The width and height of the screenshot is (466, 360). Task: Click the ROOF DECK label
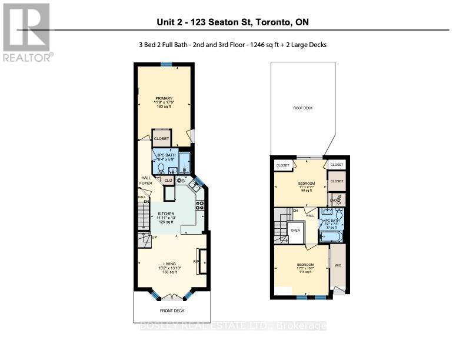pyautogui.click(x=303, y=108)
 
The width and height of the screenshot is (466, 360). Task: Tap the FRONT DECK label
pyautogui.click(x=171, y=310)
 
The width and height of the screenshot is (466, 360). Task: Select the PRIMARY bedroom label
pyautogui.click(x=164, y=98)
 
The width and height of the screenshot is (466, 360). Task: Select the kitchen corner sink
pyautogui.click(x=193, y=186)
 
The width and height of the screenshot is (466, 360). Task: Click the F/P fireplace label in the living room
pyautogui.click(x=197, y=261)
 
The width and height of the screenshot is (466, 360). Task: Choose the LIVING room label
pyautogui.click(x=171, y=264)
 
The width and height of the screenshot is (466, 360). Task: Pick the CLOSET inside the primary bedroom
pyautogui.click(x=162, y=139)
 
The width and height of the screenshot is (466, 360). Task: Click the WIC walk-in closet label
pyautogui.click(x=338, y=265)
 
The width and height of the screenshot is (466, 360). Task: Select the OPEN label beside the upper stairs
pyautogui.click(x=295, y=230)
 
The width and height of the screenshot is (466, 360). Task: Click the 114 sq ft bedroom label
pyautogui.click(x=305, y=265)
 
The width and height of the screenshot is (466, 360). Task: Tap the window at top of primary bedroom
pyautogui.click(x=166, y=65)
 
